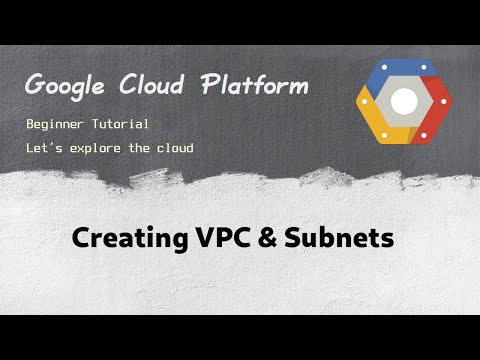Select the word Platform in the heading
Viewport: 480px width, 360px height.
(253, 86)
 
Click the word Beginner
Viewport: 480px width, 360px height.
(59, 125)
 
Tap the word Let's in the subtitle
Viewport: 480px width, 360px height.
(46, 149)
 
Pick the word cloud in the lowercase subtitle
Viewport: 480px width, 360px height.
(174, 149)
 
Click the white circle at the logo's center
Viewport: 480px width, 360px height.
(404, 101)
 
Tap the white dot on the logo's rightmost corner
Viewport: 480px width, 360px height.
(447, 101)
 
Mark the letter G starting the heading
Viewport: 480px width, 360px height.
(34, 86)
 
